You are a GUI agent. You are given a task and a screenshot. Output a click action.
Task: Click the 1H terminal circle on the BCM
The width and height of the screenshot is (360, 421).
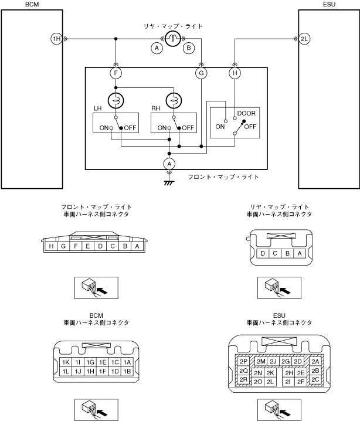56,39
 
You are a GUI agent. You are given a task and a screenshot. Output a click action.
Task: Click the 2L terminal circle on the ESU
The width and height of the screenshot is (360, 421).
304,39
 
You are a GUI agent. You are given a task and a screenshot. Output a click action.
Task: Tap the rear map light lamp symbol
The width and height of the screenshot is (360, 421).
172,39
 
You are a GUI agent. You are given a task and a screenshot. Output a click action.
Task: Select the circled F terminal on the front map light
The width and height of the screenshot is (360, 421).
116,73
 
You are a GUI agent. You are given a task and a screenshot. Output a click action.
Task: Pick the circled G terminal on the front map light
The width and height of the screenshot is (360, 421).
201,73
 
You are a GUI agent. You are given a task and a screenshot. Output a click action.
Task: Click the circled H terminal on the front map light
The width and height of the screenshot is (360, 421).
235,73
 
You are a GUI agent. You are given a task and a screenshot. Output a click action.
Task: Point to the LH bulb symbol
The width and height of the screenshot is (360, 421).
116,101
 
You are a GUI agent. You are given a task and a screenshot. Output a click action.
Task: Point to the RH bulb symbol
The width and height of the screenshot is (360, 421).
174,101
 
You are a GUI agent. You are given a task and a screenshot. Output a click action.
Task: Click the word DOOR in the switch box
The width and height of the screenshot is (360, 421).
246,113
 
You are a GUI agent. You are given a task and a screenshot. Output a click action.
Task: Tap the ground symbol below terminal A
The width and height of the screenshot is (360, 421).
169,183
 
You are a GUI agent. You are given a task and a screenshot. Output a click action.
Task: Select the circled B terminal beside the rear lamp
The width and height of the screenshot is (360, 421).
189,48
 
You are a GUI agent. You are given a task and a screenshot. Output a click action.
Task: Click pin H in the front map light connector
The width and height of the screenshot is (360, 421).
51,246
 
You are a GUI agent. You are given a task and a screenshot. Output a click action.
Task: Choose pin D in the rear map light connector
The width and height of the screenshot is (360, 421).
263,253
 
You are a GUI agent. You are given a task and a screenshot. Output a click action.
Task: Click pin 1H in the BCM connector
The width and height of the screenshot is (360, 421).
90,371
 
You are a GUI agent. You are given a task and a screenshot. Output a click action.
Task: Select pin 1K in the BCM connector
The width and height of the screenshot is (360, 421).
66,362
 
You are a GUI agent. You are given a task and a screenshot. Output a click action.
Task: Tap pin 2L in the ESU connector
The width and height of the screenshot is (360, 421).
270,382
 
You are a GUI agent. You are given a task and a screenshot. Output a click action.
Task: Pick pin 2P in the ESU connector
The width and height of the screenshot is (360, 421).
243,361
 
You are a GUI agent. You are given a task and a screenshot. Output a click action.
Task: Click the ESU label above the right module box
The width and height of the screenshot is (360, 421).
329,4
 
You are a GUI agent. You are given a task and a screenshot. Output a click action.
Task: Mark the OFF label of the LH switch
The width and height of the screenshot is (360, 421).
130,128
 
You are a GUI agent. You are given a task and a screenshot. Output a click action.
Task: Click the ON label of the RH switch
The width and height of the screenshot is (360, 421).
162,128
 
